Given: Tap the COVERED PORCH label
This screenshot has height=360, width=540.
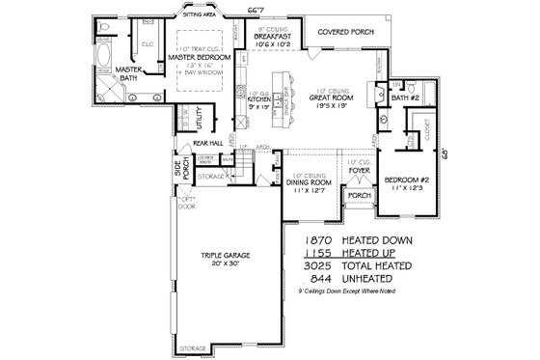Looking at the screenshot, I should [335, 31].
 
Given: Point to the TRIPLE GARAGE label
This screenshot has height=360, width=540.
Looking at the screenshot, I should [227, 255].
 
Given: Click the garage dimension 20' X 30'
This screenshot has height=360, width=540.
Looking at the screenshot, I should [227, 263].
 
